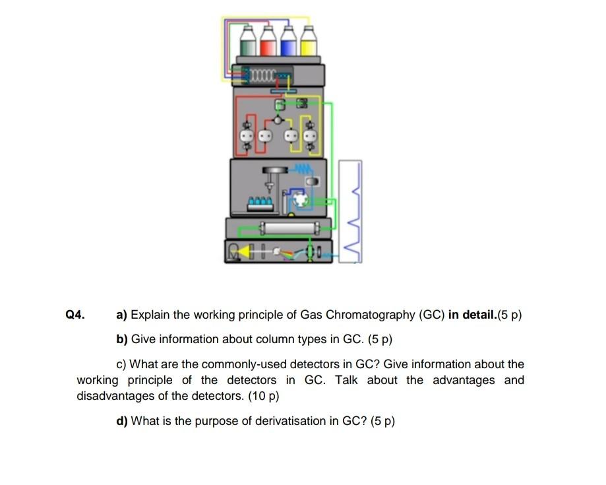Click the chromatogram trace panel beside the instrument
tap(350, 210)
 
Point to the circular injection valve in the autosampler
tap(300, 199)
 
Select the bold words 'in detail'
tap(472, 315)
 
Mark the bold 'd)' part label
tap(122, 421)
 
